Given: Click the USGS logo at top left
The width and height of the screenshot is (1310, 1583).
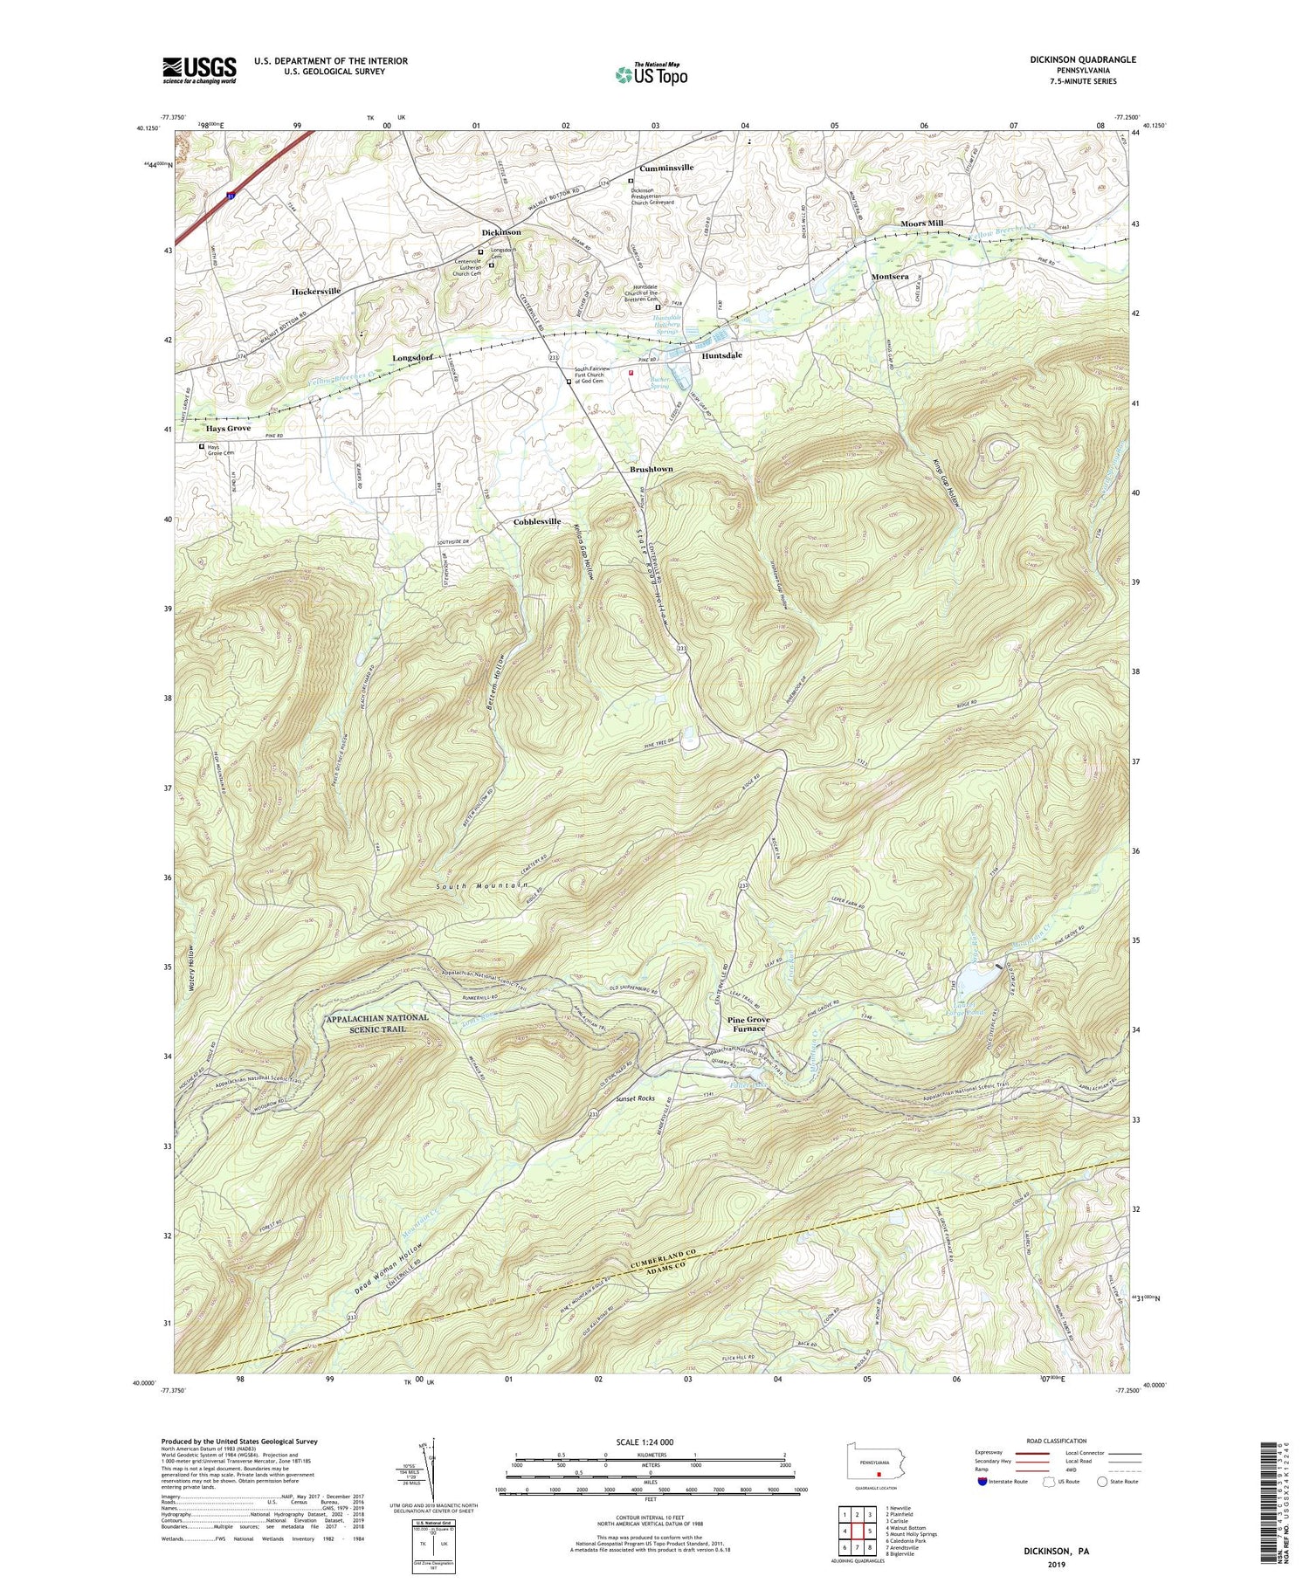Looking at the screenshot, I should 199,70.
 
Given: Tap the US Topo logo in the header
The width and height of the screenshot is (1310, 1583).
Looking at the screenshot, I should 651,75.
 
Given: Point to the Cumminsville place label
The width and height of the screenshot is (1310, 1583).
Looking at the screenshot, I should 666,167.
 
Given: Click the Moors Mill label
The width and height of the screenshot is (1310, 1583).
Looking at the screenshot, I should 921,224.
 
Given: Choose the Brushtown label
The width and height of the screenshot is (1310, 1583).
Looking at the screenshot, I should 652,469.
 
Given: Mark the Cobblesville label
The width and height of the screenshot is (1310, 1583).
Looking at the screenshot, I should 536,521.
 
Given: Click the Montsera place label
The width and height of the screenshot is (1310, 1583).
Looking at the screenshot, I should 890,276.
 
